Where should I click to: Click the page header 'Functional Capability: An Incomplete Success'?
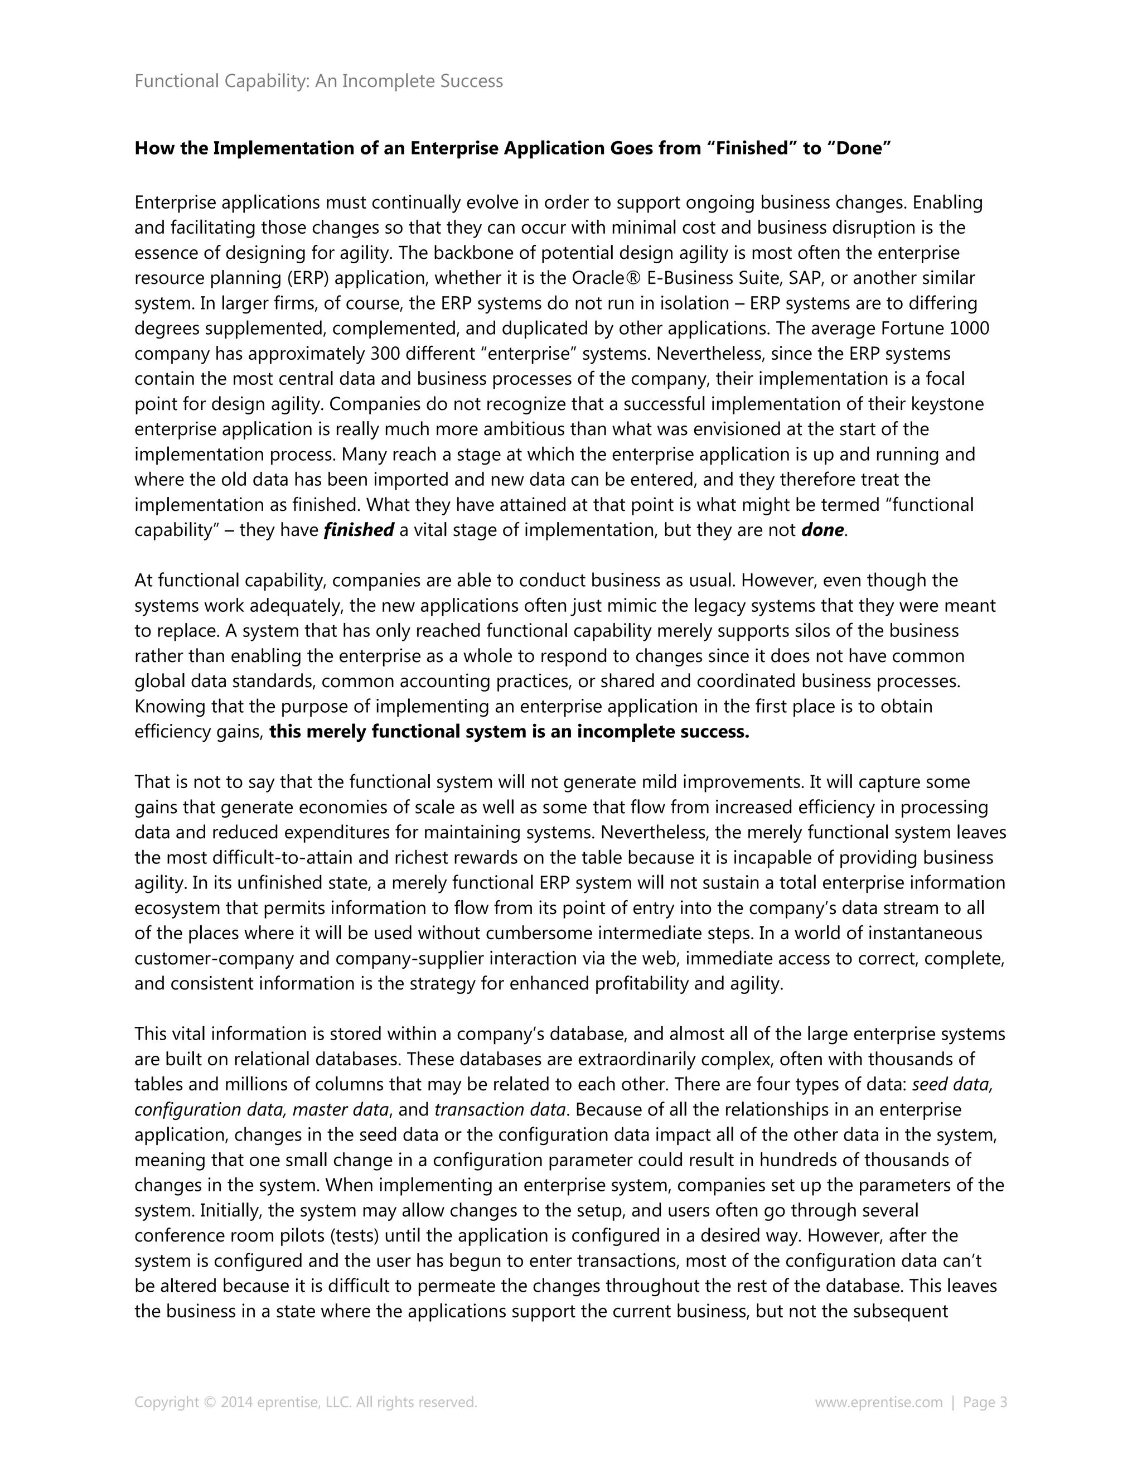pos(318,81)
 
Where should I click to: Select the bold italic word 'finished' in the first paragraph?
pos(359,530)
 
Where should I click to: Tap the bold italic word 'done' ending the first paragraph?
pos(822,530)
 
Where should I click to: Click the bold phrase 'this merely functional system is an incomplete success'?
pos(509,732)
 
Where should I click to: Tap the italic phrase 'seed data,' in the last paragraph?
pos(952,1085)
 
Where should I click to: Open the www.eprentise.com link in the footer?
pos(878,1403)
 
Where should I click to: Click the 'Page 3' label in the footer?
pos(984,1403)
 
